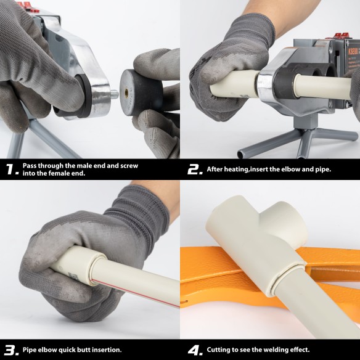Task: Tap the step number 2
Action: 195,170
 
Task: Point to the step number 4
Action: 195,350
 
